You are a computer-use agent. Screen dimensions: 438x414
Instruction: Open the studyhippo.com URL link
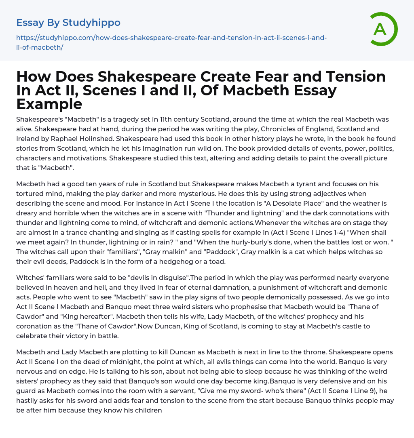click(x=171, y=38)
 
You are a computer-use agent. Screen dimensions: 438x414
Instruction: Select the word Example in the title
click(x=49, y=104)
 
